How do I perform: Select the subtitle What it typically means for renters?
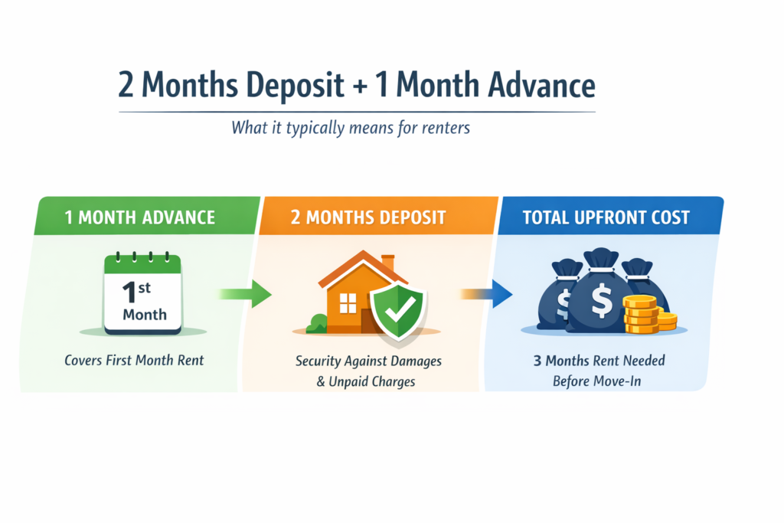click(351, 127)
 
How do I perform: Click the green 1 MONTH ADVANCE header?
click(140, 217)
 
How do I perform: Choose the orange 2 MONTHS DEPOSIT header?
click(379, 217)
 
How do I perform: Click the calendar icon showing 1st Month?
click(142, 295)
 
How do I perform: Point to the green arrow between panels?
click(244, 293)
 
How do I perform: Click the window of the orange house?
click(348, 303)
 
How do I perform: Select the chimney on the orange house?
click(387, 263)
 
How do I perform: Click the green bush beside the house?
click(315, 325)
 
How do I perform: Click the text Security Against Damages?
click(368, 361)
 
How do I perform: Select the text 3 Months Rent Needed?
click(599, 360)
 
